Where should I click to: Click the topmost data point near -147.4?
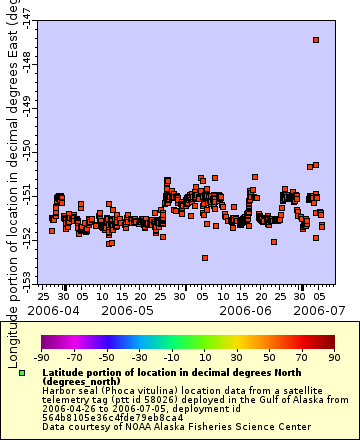click(316, 40)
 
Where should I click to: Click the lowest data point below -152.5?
click(205, 257)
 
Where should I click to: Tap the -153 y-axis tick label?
click(24, 274)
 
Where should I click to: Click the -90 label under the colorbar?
click(42, 356)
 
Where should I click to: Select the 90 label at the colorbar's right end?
click(333, 356)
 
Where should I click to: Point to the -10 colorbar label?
click(172, 356)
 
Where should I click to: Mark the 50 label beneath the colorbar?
click(268, 356)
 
